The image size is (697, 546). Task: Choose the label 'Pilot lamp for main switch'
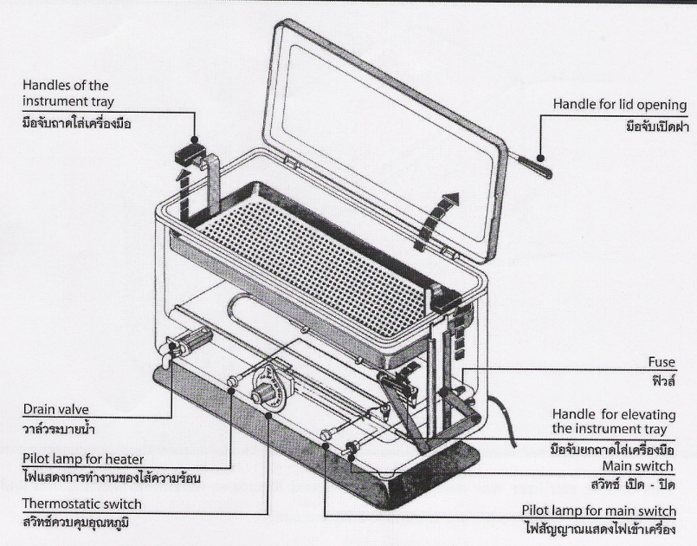(600, 510)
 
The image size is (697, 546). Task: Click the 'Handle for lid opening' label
(620, 105)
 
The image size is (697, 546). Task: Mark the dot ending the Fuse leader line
(465, 372)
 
